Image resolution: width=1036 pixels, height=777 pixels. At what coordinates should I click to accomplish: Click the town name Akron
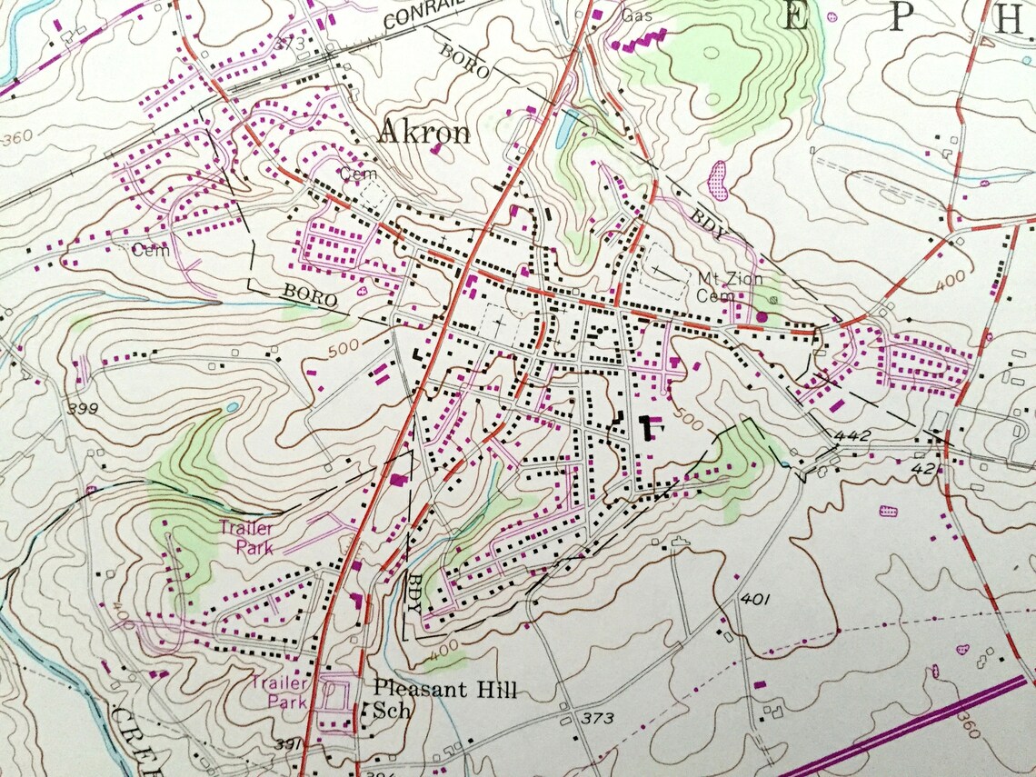coord(423,134)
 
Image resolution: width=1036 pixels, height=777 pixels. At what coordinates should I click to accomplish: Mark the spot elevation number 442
coord(855,437)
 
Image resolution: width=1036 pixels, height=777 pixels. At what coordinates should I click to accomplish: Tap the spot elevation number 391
coord(287,745)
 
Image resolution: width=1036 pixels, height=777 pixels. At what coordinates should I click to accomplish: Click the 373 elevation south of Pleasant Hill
coord(598,719)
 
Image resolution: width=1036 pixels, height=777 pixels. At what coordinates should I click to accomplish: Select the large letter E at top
coord(794,19)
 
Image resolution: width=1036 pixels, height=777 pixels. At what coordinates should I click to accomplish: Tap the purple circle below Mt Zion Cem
coord(762,315)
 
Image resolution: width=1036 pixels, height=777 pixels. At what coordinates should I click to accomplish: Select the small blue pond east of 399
coord(234,407)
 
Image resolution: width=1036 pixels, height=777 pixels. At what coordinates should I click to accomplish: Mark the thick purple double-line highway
coord(909,727)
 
